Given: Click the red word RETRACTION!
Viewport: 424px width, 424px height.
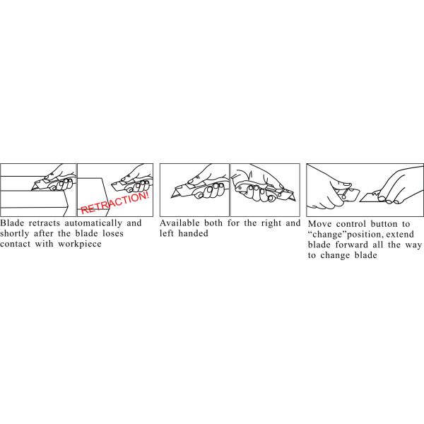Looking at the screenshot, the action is point(115,202).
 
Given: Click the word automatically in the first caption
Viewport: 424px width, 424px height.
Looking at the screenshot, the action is point(93,223).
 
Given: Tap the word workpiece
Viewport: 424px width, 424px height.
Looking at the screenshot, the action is point(80,245).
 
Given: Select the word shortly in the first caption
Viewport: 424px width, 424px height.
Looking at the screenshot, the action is point(15,234).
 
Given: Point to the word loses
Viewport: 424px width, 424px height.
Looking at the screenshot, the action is point(113,234).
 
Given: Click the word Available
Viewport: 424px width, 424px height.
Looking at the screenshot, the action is point(179,223).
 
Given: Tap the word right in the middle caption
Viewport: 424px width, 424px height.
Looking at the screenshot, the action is point(271,223).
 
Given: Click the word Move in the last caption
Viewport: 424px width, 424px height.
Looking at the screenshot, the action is point(319,224).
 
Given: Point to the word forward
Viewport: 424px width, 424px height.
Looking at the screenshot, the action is point(352,245).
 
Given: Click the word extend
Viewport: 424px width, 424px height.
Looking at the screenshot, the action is point(400,235).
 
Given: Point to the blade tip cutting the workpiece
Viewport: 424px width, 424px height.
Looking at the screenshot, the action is point(32,190).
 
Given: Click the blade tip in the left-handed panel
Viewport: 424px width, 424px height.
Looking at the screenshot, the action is point(295,200).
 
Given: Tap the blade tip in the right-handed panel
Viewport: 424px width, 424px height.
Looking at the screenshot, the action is point(172,198).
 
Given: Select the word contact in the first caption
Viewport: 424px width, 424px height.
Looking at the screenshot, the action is point(15,245).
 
